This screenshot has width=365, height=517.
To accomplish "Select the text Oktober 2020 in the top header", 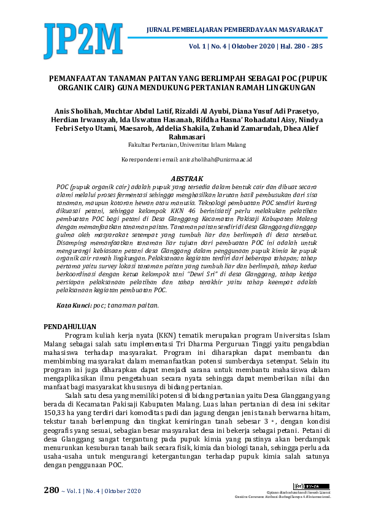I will (x=253, y=46).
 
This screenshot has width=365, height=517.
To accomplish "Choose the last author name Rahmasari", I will (x=182, y=137).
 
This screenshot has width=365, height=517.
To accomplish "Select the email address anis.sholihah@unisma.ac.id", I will (x=212, y=159).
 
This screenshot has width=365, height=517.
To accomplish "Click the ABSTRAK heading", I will (x=182, y=177).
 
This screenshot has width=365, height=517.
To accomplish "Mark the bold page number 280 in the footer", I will (x=51, y=490).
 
